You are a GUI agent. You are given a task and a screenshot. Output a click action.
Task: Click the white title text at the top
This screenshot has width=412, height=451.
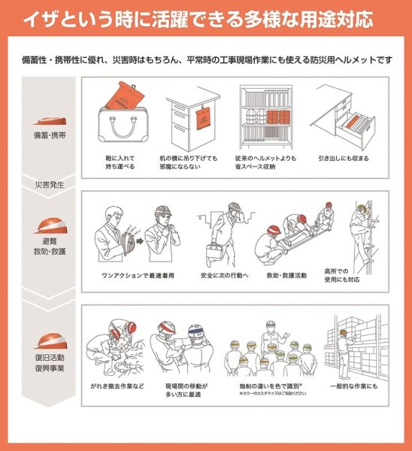point(206,19)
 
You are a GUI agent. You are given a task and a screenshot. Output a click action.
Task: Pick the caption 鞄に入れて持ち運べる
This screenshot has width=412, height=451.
point(126,162)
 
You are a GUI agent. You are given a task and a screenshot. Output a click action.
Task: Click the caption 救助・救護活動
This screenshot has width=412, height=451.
point(286,276)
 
